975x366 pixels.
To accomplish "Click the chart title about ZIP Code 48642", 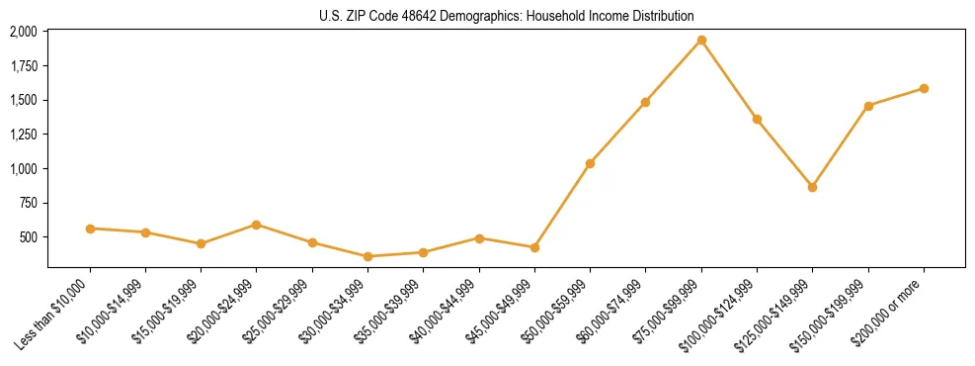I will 507,16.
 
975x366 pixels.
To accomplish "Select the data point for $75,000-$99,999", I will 701,41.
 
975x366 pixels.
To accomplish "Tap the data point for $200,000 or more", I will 924,88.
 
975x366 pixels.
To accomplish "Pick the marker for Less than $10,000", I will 90,229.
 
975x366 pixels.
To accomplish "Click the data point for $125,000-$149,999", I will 812,187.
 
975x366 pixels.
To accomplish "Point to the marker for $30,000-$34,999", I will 367,256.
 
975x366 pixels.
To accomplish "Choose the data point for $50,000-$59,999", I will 590,163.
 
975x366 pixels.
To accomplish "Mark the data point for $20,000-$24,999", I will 257,225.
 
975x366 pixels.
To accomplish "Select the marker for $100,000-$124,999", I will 757,120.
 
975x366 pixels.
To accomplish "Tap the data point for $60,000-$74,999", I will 645,102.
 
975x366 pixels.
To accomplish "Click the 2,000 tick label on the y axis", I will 24,32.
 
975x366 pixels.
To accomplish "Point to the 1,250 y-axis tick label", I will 24,135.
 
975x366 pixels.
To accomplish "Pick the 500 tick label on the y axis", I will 31,237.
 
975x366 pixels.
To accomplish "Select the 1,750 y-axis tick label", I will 24,66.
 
